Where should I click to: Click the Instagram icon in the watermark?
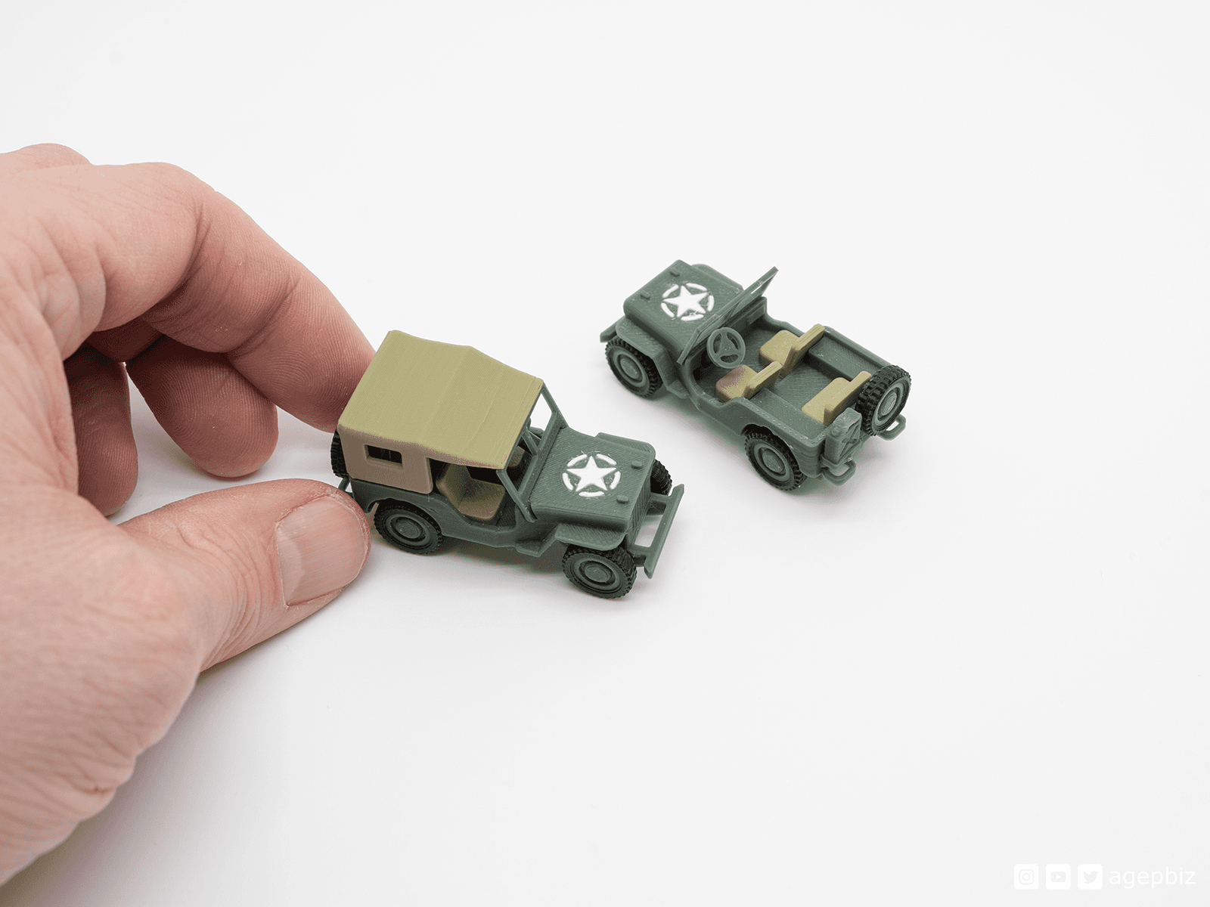1025,877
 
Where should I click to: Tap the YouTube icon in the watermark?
1058,877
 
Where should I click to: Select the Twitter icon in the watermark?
1090,877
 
